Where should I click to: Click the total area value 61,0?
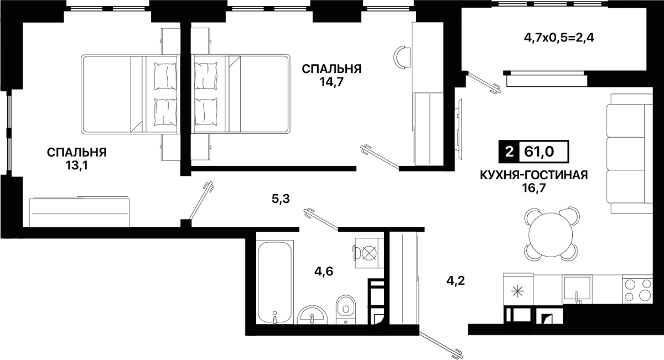pyautogui.click(x=539, y=152)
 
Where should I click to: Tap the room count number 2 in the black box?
pyautogui.click(x=509, y=152)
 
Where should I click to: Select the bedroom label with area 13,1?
pyautogui.click(x=76, y=159)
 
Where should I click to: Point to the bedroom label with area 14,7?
pyautogui.click(x=331, y=75)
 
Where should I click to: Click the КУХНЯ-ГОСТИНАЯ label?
pyautogui.click(x=534, y=175)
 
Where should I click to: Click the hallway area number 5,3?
pyautogui.click(x=281, y=199)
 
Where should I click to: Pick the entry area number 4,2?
pyautogui.click(x=455, y=280)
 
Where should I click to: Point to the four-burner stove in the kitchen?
pyautogui.click(x=637, y=290)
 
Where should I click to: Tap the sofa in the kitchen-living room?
pyautogui.click(x=629, y=153)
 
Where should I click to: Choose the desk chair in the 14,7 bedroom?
pyautogui.click(x=402, y=58)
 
